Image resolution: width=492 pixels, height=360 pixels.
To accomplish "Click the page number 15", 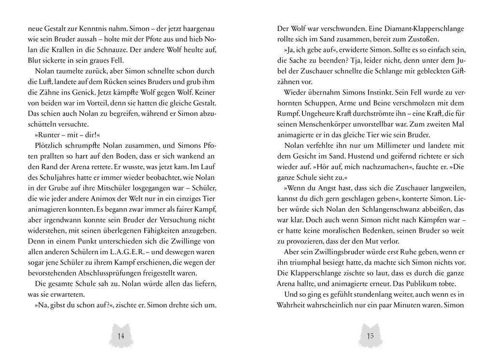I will (370, 336).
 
